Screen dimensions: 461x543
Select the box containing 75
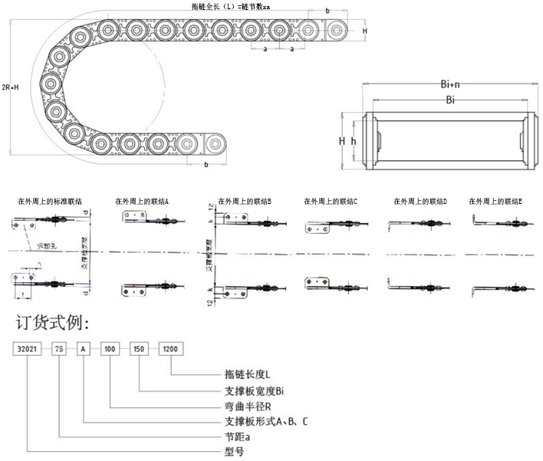pyautogui.click(x=59, y=348)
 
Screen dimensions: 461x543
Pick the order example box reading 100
pyautogui.click(x=110, y=348)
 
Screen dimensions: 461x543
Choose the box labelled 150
pyautogui.click(x=139, y=348)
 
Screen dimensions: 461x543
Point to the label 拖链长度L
pyautogui.click(x=246, y=374)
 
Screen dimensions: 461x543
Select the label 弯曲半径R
pyautogui.click(x=245, y=406)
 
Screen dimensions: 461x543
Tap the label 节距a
pyautogui.click(x=233, y=436)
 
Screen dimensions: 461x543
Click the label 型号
pyautogui.click(x=232, y=452)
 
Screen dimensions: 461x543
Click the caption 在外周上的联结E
pyautogui.click(x=495, y=201)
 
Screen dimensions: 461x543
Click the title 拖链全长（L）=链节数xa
pyautogui.click(x=230, y=5)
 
